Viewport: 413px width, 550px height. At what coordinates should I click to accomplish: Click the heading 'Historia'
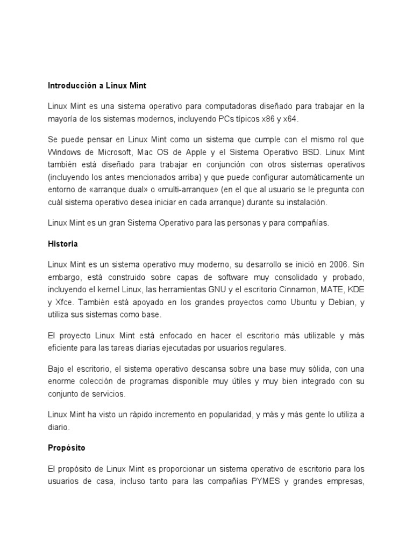(x=62, y=244)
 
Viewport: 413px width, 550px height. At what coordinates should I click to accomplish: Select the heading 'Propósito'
(x=66, y=447)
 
